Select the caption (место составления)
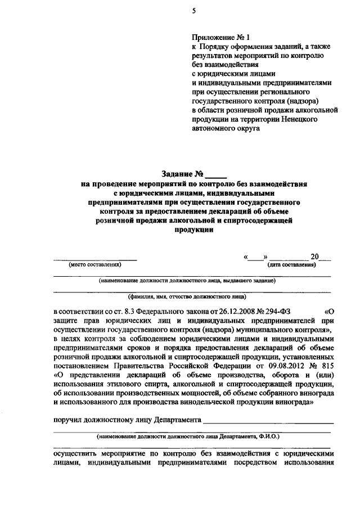94,264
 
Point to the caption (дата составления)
291,264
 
